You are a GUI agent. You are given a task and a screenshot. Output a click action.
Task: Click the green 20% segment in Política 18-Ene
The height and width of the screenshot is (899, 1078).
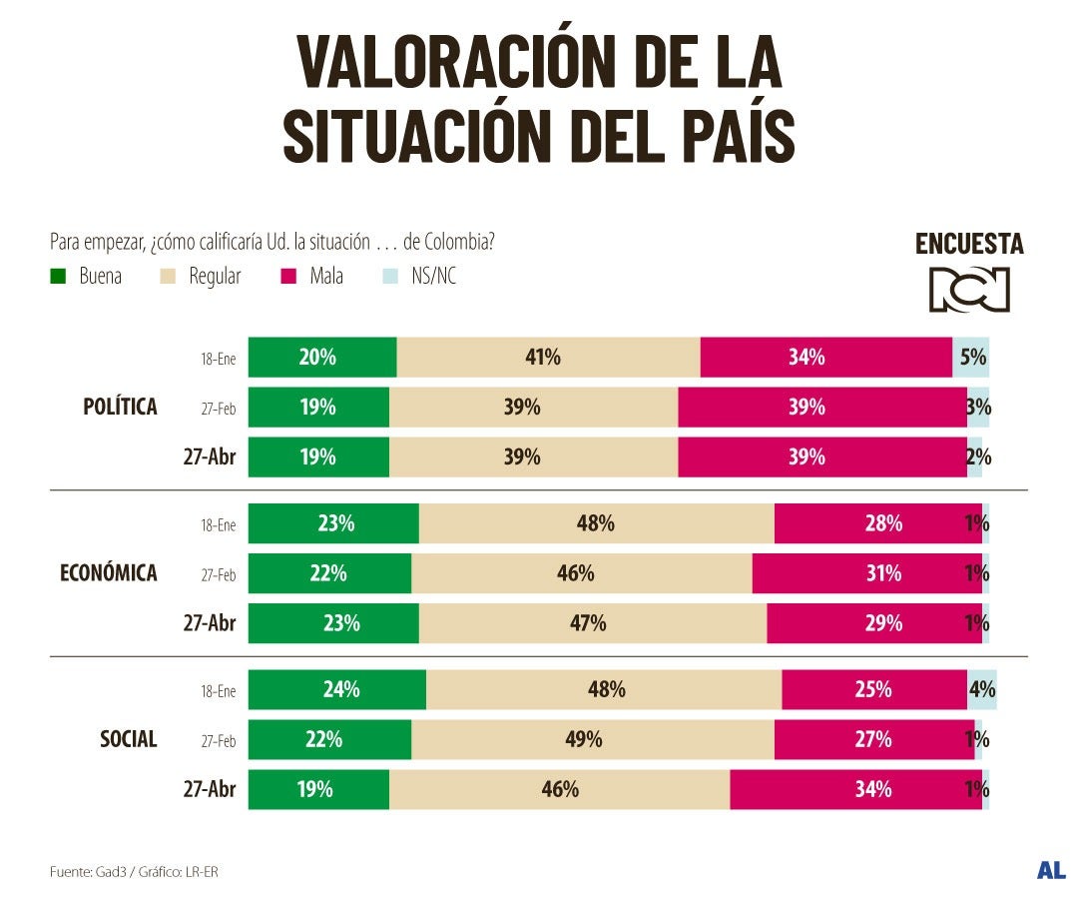tap(321, 357)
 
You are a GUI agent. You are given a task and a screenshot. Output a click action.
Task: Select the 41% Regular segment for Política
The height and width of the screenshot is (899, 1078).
tap(548, 357)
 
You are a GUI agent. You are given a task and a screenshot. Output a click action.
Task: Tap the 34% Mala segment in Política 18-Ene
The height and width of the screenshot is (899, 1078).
tap(825, 357)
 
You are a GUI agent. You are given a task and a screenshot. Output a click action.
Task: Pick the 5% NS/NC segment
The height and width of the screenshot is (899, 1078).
tap(971, 357)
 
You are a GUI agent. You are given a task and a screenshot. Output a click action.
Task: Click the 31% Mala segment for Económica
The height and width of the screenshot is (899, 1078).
tap(866, 573)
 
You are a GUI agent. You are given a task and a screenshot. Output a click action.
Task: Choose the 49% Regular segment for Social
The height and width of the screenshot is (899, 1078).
tap(592, 739)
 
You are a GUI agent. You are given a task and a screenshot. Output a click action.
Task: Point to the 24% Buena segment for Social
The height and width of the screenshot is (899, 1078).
tap(336, 689)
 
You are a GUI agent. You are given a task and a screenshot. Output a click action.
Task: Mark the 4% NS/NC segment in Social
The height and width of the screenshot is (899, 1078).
tap(982, 689)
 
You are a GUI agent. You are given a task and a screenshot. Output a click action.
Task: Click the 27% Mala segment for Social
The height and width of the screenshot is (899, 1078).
tap(873, 739)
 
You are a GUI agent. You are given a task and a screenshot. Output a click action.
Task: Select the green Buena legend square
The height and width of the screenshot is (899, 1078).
tap(58, 277)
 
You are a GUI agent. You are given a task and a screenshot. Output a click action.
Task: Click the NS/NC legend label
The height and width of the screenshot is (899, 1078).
tap(433, 277)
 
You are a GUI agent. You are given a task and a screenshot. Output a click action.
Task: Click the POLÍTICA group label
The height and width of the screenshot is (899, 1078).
tap(120, 407)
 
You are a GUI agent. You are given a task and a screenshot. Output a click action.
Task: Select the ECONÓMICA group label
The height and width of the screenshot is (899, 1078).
tap(109, 573)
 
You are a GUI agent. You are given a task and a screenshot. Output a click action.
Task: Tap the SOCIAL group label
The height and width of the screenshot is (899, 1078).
tap(128, 739)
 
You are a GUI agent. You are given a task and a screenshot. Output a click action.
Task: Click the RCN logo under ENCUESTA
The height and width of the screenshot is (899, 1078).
tap(969, 289)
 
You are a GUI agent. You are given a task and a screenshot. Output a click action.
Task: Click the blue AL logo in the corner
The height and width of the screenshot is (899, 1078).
tap(1050, 870)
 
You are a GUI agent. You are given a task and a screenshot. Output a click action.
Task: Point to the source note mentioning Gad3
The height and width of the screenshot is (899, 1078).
tap(134, 872)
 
